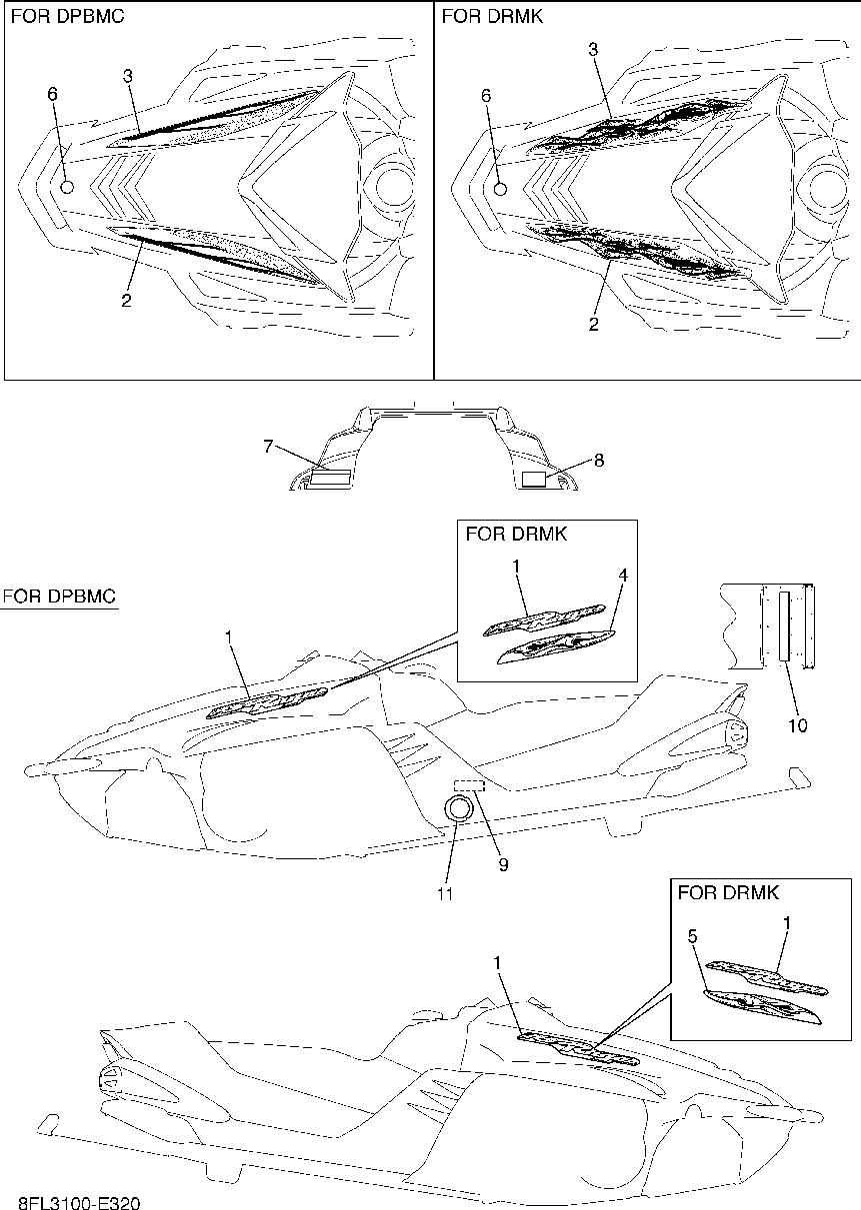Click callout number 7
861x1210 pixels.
(269, 447)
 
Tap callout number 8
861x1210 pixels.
(599, 461)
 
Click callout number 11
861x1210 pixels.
(445, 894)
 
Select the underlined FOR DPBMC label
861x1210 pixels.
(59, 598)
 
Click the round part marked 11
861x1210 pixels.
(458, 808)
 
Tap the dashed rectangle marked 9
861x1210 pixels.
(469, 785)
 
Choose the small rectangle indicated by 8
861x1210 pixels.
(535, 480)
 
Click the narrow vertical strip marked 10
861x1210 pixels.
(784, 626)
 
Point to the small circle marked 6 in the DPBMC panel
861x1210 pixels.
(67, 186)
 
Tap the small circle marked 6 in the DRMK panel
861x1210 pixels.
(501, 188)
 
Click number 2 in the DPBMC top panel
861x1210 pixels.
(126, 299)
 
